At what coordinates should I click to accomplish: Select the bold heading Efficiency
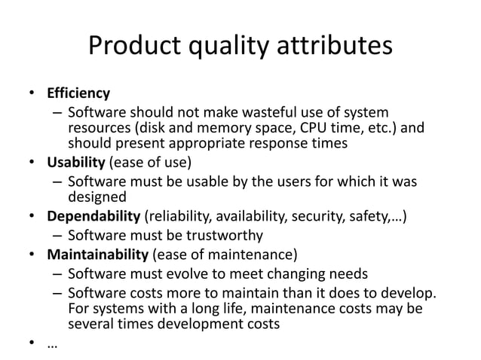point(77,94)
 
